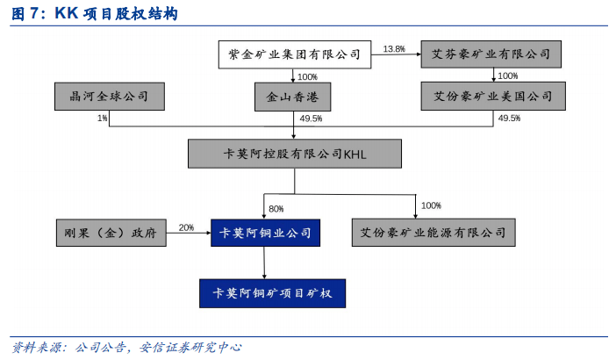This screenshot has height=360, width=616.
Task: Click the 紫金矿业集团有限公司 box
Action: tap(295, 54)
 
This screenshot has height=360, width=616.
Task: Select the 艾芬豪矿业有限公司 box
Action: tap(491, 54)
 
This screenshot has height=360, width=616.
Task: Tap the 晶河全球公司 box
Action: tap(109, 97)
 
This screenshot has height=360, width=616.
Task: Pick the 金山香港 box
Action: tap(293, 97)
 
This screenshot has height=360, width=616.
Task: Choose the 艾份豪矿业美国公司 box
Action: tap(493, 97)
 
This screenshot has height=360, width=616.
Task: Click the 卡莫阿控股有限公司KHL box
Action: tap(295, 154)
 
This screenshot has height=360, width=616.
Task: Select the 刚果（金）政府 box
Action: tap(111, 233)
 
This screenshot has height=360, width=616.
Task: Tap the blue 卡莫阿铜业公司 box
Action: tap(265, 233)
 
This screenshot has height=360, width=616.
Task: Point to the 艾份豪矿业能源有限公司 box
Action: tap(433, 233)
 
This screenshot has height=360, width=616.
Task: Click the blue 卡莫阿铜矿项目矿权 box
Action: tap(272, 293)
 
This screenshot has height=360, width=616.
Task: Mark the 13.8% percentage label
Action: tap(394, 49)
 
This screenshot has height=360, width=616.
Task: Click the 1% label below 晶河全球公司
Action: tap(102, 118)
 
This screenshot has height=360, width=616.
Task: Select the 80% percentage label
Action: tap(276, 209)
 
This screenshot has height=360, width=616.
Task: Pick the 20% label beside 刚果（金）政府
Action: tap(186, 227)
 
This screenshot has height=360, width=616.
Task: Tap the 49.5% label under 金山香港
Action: tap(311, 119)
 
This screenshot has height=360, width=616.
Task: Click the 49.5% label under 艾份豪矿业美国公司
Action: tap(509, 118)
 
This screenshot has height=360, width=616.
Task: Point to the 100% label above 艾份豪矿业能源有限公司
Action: tap(431, 205)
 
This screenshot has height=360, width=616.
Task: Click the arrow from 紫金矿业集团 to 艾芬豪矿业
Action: tap(396, 54)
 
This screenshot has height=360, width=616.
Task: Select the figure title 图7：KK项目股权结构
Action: tap(94, 13)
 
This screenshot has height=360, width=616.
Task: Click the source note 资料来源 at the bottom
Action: tap(126, 348)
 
